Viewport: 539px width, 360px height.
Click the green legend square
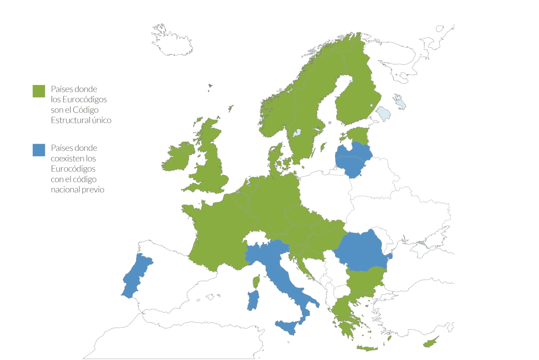pyautogui.click(x=39, y=91)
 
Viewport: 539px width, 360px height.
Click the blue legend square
pyautogui.click(x=39, y=150)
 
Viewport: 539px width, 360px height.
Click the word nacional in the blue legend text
pyautogui.click(x=66, y=189)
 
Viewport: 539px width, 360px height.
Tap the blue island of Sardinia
pyautogui.click(x=253, y=301)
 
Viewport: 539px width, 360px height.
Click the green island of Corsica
pyautogui.click(x=257, y=282)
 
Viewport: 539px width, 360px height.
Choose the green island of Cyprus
pyautogui.click(x=430, y=343)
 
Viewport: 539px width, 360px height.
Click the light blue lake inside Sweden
pyautogui.click(x=296, y=133)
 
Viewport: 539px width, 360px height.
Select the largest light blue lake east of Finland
pyautogui.click(x=384, y=113)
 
